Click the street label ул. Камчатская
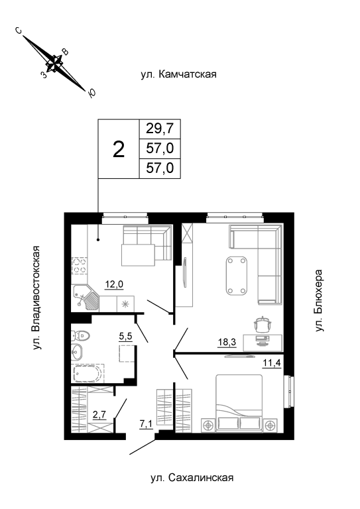tap(178, 74)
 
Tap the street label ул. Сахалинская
tap(192, 478)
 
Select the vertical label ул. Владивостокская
tap(37, 298)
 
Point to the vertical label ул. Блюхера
tap(320, 300)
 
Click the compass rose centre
tap(54, 63)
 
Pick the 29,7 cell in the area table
tap(160, 129)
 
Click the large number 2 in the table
tap(119, 150)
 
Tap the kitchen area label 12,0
tap(114, 285)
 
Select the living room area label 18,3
tap(227, 342)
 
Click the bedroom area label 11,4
tap(271, 363)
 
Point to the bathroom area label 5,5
tap(125, 337)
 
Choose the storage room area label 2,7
tap(99, 415)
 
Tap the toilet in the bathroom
tap(80, 335)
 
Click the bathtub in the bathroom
tap(88, 373)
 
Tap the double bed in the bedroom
tap(239, 403)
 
